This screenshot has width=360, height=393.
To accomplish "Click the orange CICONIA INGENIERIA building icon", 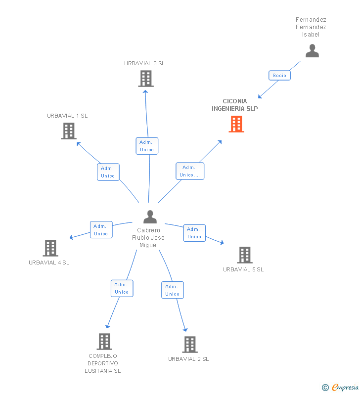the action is tap(236, 124).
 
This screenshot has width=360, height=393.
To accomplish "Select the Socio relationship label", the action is tap(279, 76).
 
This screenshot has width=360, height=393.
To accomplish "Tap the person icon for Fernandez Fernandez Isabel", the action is tap(312, 50).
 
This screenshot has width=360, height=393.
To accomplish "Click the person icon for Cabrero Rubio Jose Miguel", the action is tap(150, 217).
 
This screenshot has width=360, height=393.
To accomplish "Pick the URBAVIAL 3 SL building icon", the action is tap(146, 79).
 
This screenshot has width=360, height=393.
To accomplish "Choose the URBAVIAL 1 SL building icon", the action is tap(69, 131).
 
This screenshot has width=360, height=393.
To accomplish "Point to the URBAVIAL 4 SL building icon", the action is tap(50, 248).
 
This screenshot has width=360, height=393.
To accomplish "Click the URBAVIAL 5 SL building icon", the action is tap(245, 255).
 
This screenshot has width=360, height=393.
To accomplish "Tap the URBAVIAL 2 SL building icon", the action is tap(190, 345).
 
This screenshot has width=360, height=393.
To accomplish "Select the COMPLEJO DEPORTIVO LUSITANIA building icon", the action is tap(104, 342).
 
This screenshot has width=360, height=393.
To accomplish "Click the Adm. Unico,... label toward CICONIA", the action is tap(190, 171).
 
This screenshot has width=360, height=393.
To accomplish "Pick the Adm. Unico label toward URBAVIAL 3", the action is tap(147, 146).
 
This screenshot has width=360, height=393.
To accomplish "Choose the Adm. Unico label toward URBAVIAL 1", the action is tap(108, 172).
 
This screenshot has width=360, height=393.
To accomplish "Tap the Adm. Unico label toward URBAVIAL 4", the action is tap(101, 229).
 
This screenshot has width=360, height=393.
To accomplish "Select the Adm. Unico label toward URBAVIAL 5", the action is tap(194, 233).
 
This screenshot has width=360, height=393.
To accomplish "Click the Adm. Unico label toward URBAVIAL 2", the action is tap(173, 290).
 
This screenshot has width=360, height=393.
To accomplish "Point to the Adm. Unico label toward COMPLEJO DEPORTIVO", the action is tap(122, 288).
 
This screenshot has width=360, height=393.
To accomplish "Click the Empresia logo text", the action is tap(345, 387).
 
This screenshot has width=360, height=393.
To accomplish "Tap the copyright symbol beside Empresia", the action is tap(325, 388).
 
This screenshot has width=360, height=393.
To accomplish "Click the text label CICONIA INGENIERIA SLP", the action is tap(235, 105).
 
